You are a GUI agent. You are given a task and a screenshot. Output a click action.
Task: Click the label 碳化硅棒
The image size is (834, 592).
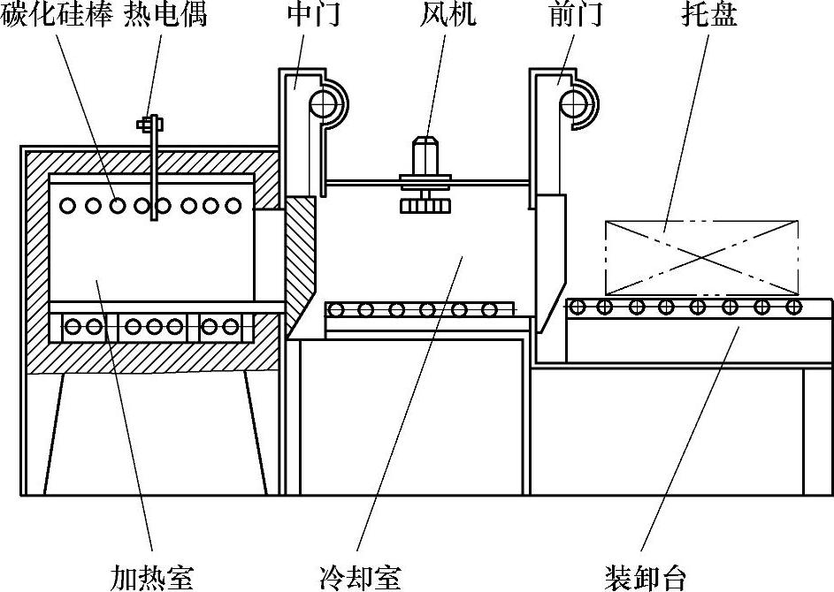point(57,14)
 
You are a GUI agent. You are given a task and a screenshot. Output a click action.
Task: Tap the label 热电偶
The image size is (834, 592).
point(165,14)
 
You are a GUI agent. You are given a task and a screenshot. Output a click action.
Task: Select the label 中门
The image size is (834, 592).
point(314,14)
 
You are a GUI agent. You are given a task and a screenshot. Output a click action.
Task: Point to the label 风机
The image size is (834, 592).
point(448,14)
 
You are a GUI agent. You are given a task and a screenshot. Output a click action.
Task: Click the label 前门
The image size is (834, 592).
point(576,14)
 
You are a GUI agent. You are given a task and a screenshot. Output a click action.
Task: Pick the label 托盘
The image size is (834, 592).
point(709,14)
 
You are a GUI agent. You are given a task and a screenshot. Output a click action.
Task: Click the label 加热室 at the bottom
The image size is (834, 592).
point(151,577)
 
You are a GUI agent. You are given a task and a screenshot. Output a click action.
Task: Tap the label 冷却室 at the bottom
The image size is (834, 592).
point(360,577)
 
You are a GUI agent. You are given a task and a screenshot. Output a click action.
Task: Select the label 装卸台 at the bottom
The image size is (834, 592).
point(646,577)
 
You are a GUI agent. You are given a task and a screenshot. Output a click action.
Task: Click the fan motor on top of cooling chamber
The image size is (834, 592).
point(425,156)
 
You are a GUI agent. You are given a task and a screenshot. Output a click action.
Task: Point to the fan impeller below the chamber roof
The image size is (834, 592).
point(425,205)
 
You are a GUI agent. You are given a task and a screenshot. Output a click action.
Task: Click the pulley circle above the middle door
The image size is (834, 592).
point(324,103)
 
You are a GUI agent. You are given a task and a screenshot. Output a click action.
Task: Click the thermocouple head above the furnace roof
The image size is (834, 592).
point(150,125)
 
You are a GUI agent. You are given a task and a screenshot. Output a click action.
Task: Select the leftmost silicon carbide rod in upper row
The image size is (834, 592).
point(68,205)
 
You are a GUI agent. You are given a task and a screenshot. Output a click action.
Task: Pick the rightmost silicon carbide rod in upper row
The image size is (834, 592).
point(233,205)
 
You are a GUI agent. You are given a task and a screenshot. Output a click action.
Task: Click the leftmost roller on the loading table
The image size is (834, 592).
point(578,306)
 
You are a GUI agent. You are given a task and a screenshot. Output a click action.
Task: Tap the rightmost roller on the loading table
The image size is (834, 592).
point(793,306)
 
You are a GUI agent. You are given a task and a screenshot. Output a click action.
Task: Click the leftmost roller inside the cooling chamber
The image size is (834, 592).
point(335,309)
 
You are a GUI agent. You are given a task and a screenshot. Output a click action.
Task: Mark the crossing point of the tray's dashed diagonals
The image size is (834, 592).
point(702,257)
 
